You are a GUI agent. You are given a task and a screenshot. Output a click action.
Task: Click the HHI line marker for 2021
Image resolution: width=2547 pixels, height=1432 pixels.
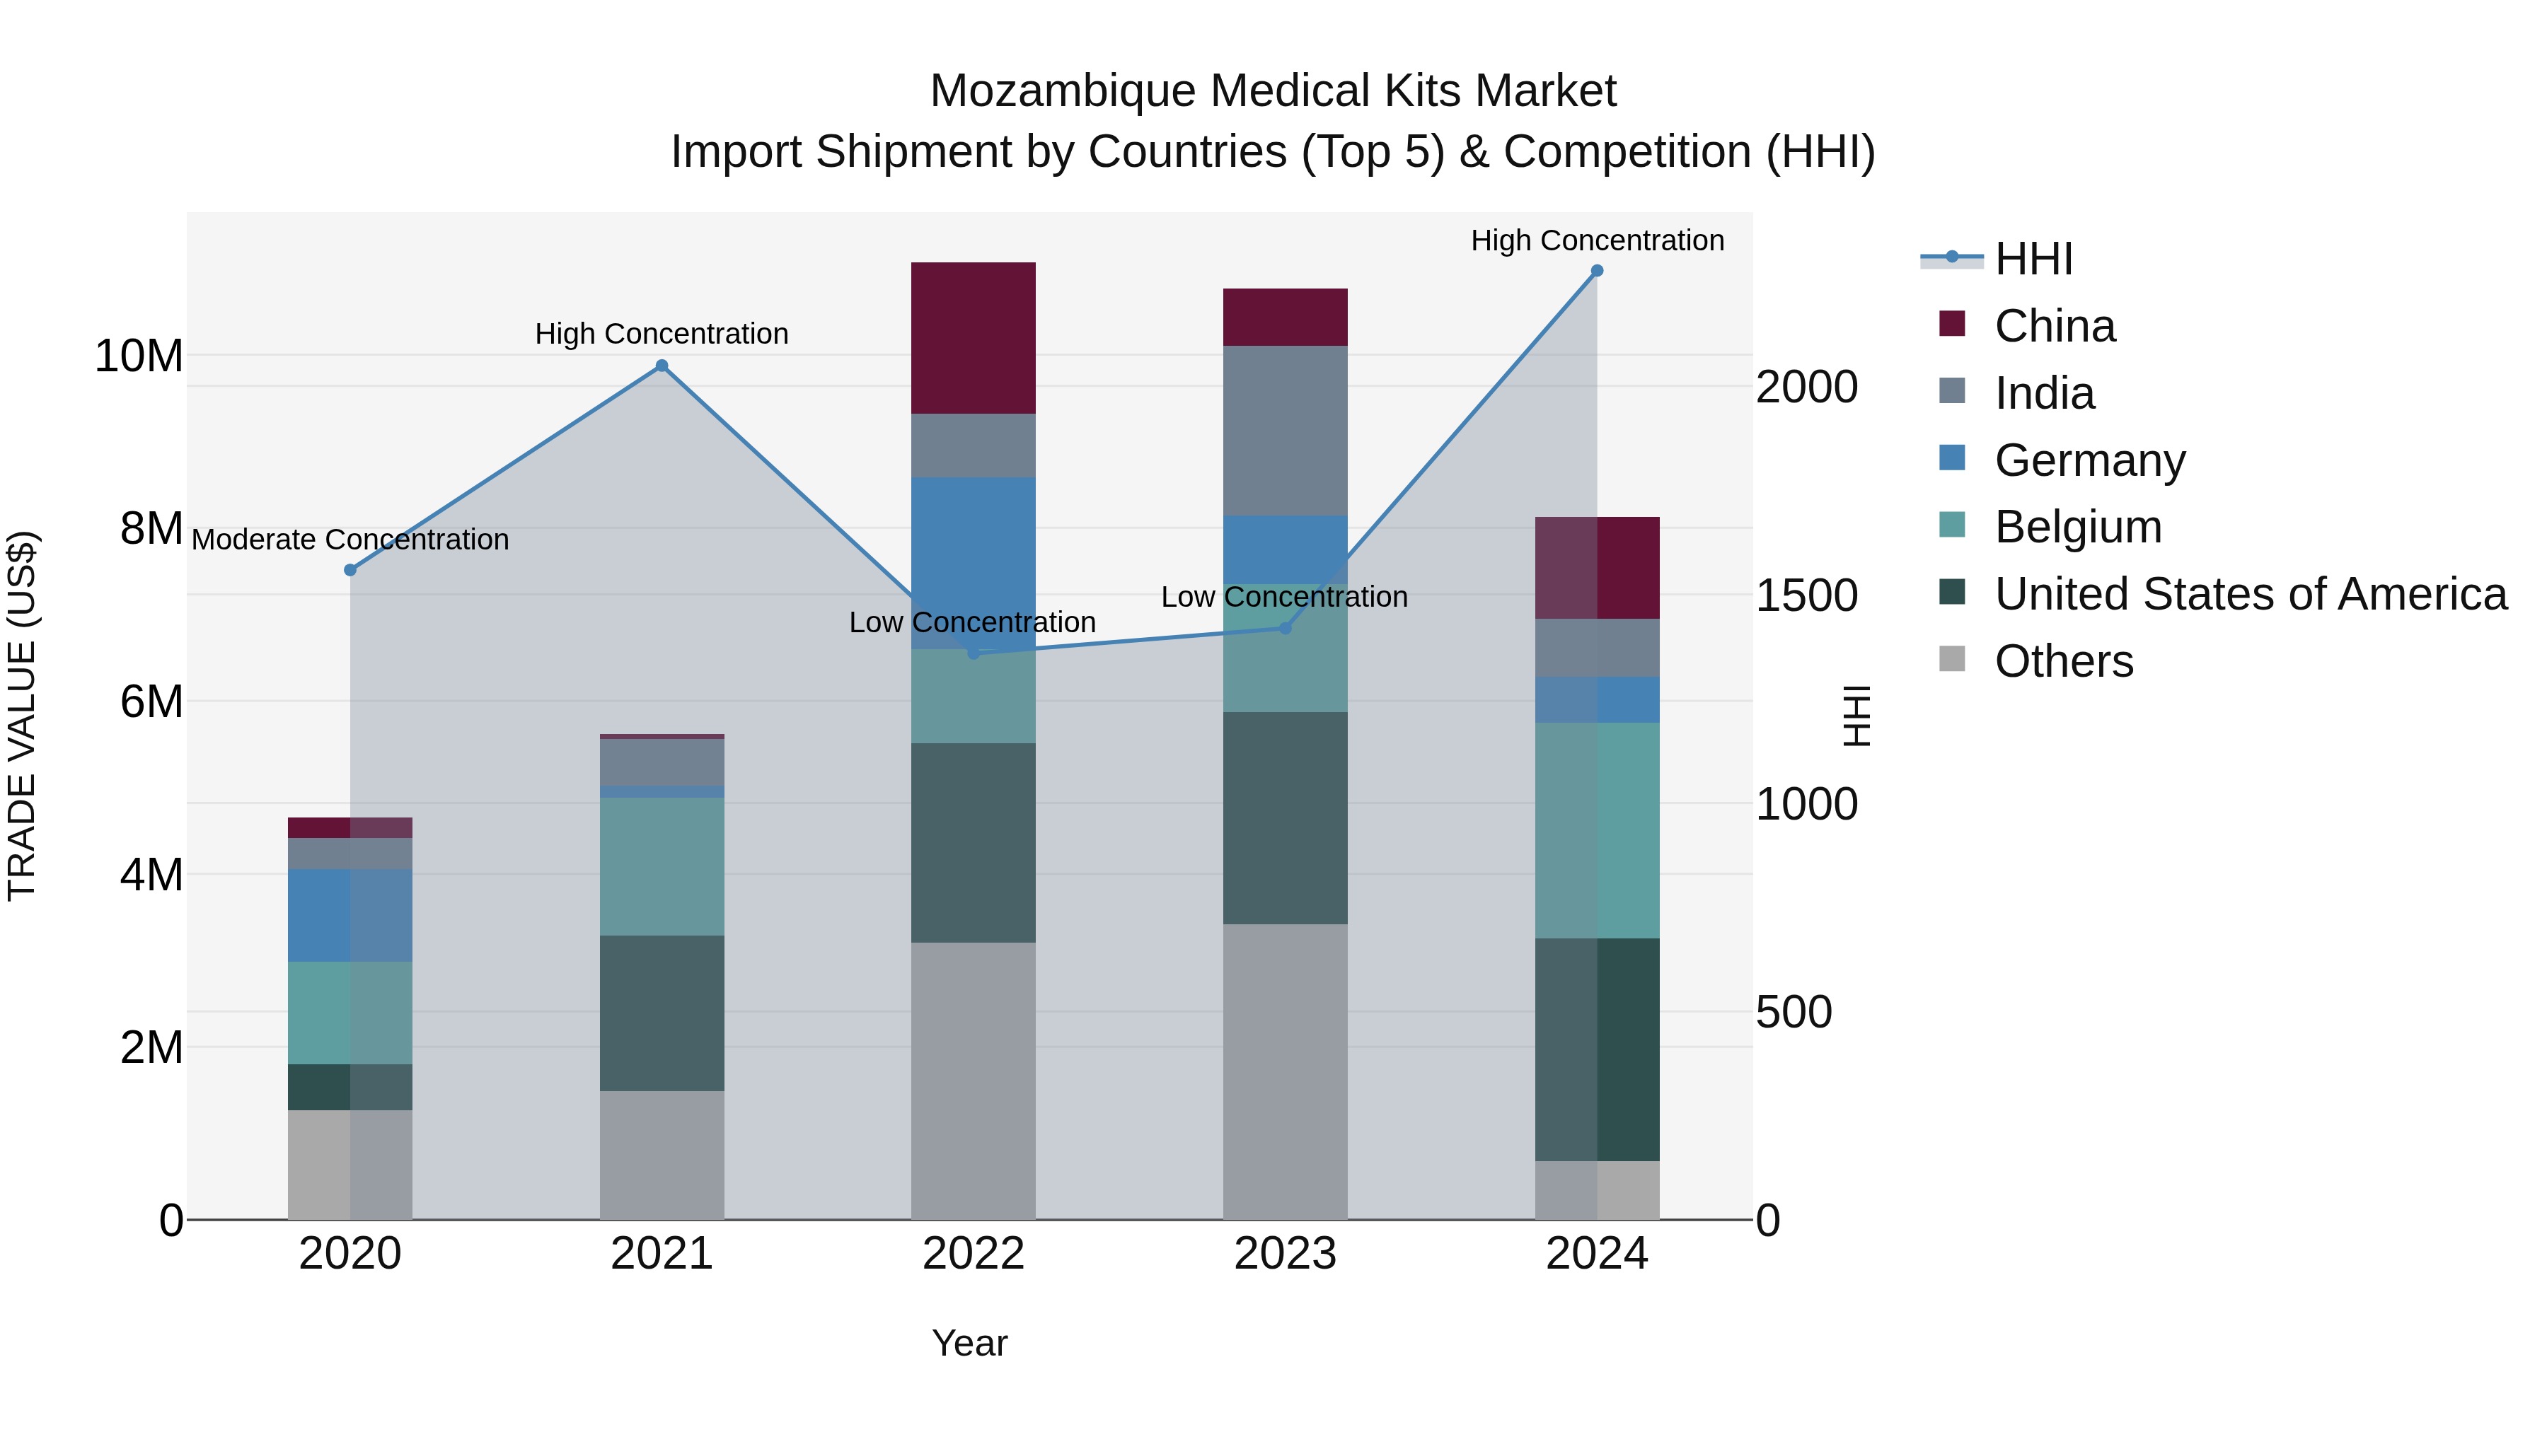coord(662,366)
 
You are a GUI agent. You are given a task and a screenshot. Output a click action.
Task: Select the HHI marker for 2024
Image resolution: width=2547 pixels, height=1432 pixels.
coord(1596,271)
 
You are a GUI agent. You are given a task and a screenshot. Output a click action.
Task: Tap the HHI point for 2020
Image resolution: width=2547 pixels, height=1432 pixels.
coord(350,570)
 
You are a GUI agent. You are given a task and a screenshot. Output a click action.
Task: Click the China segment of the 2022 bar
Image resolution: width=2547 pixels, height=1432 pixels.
coord(973,338)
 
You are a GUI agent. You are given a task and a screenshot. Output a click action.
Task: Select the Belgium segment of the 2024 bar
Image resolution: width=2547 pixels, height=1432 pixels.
coord(1596,830)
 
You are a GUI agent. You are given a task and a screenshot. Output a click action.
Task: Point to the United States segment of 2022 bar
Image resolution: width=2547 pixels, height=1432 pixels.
coord(973,842)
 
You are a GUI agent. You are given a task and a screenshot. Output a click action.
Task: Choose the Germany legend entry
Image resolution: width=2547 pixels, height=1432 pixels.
coord(2089,460)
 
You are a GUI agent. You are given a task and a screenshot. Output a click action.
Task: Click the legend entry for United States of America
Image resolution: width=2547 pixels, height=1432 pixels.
coord(2249,594)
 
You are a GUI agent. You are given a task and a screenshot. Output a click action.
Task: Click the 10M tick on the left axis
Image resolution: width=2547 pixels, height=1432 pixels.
coord(139,356)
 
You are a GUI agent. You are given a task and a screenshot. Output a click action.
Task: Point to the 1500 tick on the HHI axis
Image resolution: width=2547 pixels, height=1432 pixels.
coord(1806,596)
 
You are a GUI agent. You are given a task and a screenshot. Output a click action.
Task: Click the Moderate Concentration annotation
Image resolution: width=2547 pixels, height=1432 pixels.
coord(350,540)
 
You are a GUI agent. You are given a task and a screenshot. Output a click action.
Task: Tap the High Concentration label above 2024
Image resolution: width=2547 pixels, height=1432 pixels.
coord(1596,240)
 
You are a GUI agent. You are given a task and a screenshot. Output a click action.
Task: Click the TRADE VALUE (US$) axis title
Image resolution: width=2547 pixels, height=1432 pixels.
coord(22,716)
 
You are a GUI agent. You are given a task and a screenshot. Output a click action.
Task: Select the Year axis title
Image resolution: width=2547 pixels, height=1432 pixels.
coord(969,1343)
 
